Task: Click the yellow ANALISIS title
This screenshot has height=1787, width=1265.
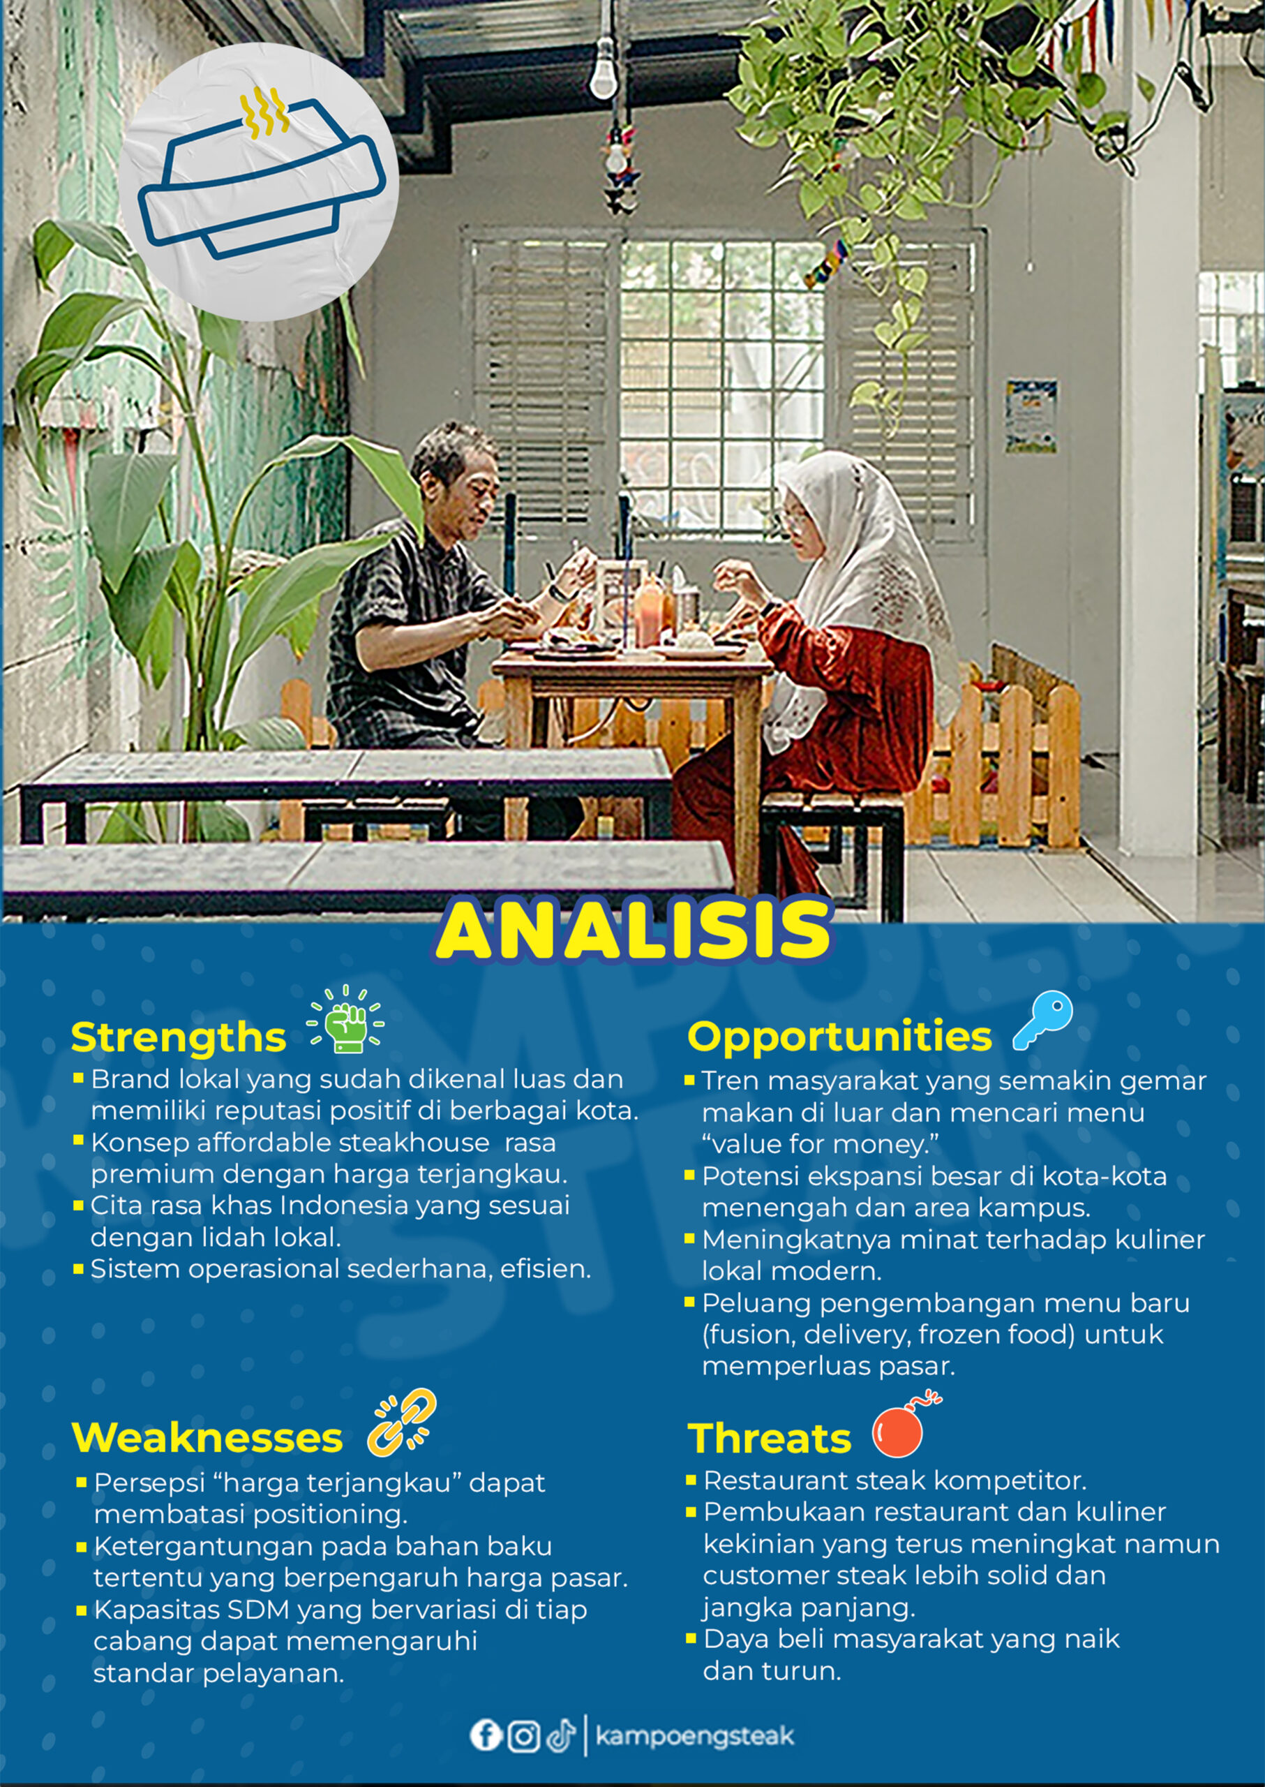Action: [634, 930]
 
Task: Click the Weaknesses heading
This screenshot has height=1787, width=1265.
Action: [207, 1438]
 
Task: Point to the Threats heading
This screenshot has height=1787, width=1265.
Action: [770, 1439]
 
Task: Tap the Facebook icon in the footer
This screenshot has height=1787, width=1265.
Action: [486, 1735]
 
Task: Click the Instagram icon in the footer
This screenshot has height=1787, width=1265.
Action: [523, 1735]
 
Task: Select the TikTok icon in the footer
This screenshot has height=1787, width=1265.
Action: [561, 1735]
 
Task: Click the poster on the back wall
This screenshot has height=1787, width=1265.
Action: [1031, 416]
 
